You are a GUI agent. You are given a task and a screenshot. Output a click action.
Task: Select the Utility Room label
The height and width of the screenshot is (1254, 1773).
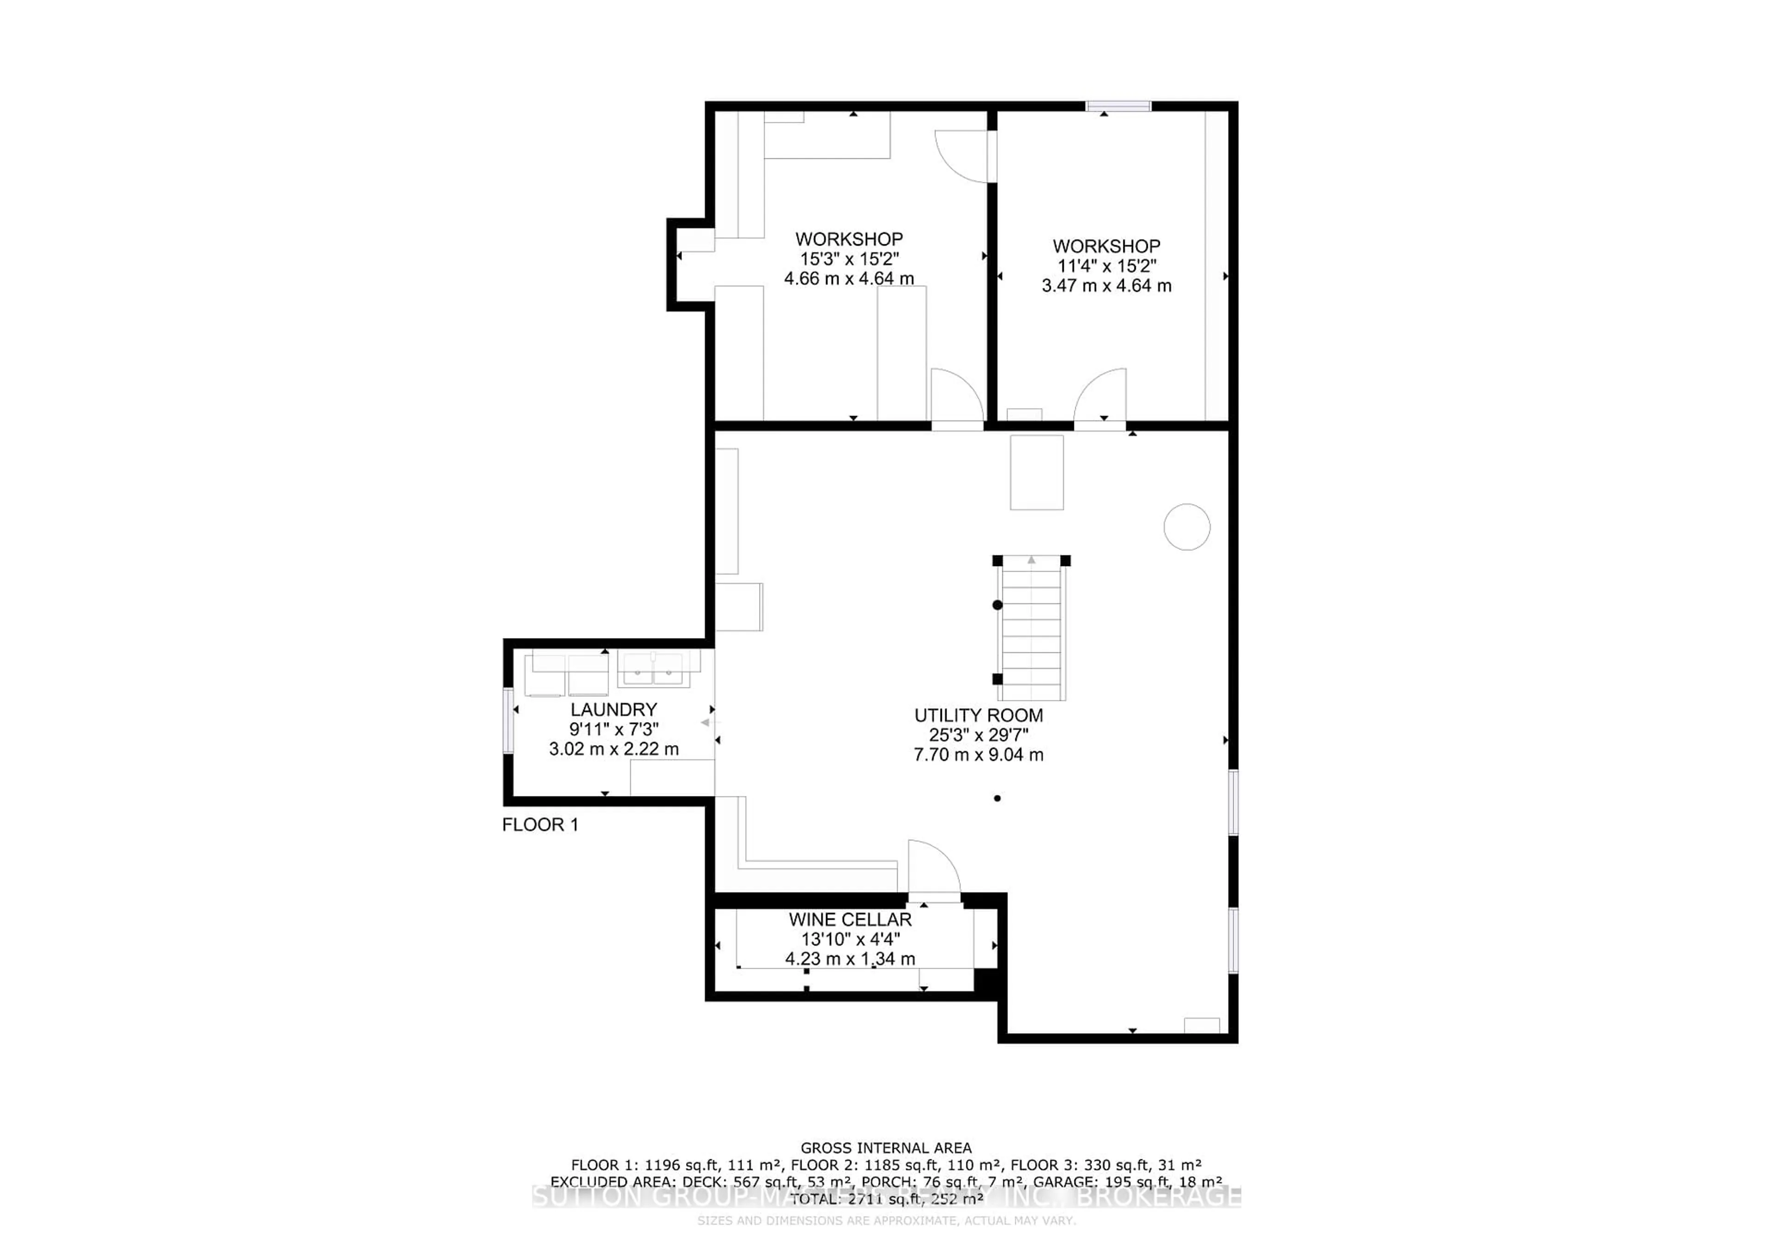[978, 715]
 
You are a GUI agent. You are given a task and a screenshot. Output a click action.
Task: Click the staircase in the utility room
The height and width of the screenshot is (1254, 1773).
[1031, 629]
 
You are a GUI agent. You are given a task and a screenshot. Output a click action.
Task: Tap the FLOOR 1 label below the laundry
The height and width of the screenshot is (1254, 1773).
[540, 825]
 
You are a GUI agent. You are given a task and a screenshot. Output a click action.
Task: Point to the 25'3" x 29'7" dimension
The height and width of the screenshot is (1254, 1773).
[978, 735]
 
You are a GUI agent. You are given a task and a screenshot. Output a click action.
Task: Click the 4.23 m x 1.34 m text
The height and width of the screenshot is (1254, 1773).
[850, 959]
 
